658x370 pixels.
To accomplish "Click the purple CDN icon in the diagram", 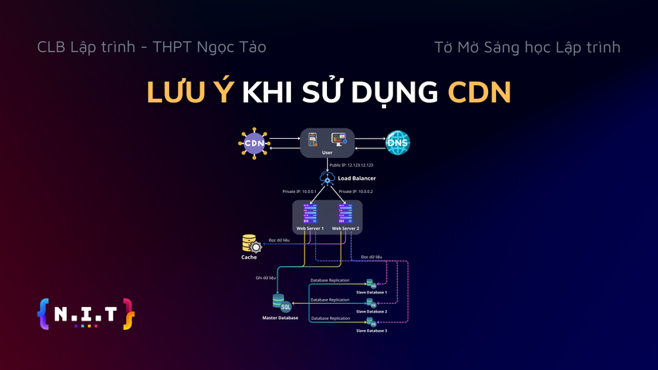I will (x=254, y=144).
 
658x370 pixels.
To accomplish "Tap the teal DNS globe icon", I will (x=397, y=144).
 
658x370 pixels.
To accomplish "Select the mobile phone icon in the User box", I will (x=313, y=140).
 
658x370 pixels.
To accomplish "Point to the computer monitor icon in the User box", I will (x=339, y=140).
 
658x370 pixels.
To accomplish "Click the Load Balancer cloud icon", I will (x=327, y=179).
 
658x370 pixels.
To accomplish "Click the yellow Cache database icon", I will (x=250, y=243).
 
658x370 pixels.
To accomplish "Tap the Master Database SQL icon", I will (x=281, y=303).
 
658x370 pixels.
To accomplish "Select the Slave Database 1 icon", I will (x=371, y=284).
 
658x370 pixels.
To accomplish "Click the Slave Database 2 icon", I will (x=371, y=303).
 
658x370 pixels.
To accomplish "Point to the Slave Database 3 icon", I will (x=371, y=322).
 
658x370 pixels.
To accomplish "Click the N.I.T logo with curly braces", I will (x=85, y=313).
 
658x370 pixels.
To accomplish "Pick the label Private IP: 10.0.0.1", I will (x=299, y=191).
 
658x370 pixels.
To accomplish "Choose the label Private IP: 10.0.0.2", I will (x=356, y=191).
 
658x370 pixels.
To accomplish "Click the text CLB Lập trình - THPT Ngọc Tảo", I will (x=152, y=47).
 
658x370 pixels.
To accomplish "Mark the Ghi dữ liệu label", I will (x=266, y=278).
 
